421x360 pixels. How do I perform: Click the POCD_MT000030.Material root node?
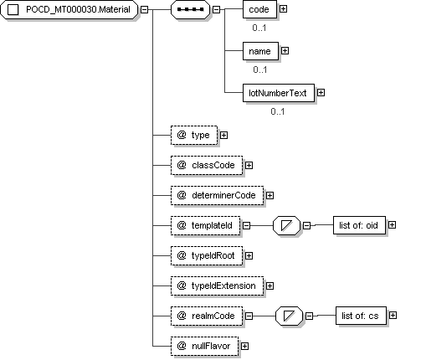(69, 9)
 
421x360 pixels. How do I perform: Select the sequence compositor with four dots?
(190, 9)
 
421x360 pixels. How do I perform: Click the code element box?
(259, 9)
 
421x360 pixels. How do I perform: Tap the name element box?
(260, 51)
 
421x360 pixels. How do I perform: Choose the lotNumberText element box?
(279, 93)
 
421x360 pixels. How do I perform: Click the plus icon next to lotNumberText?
(321, 93)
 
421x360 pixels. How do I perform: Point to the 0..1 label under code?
(259, 28)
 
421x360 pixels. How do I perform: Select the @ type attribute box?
(194, 136)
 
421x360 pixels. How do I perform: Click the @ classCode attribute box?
(207, 166)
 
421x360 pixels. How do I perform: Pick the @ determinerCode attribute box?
(217, 196)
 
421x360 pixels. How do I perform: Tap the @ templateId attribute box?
(205, 225)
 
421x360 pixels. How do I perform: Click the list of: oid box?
(359, 225)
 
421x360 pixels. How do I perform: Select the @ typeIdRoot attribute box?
(207, 255)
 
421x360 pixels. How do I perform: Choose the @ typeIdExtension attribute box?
(217, 285)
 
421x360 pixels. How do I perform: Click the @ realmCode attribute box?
(207, 316)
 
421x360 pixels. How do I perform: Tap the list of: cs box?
(361, 316)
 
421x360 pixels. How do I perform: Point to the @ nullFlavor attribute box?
(204, 346)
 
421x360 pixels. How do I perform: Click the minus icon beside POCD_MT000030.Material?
(144, 9)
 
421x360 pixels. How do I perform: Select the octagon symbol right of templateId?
(286, 225)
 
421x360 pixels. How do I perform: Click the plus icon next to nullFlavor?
(244, 347)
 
